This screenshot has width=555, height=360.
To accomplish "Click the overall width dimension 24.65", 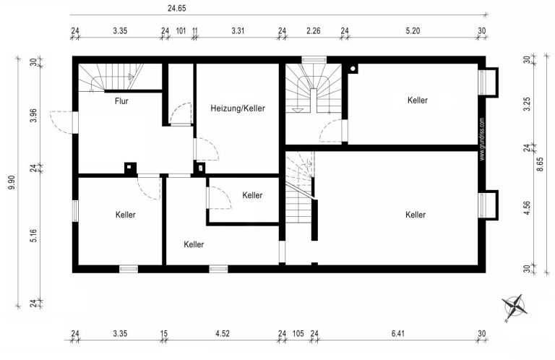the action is point(176,8).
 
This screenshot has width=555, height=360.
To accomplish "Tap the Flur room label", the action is point(121,101).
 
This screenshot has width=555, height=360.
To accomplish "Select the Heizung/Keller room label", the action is point(238,108).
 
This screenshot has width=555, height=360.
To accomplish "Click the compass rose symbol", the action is point(515,307).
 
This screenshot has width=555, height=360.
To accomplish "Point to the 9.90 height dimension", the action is point(12,182).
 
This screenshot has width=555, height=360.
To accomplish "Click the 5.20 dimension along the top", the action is point(413,31).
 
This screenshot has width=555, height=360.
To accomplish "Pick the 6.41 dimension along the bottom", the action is point(398,333).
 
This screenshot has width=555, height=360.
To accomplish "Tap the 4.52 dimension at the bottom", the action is point(223,333).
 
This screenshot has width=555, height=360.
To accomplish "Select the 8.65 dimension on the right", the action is point(540,164).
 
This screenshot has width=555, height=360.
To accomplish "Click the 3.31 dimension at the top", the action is point(238,31).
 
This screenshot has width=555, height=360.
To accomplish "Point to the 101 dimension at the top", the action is point(181,31).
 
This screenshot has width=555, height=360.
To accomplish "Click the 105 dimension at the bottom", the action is point(298,333).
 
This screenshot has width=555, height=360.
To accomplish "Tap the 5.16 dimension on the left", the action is point(34,236).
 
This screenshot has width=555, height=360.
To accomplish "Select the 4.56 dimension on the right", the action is point(528,207).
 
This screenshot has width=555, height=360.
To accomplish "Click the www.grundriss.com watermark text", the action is point(482,139).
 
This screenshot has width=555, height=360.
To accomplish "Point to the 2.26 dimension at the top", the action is point(313,31).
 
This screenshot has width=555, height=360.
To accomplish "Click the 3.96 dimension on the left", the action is point(34,116).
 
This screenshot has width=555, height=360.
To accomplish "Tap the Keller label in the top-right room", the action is point(418,100).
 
